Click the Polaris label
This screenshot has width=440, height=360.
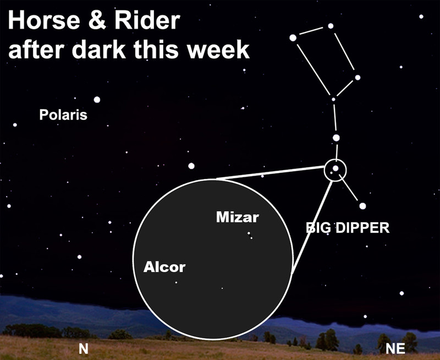(63, 115)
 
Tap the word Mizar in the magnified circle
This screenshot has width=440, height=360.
(238, 217)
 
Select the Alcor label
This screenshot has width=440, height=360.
(164, 267)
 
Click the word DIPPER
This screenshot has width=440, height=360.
(362, 228)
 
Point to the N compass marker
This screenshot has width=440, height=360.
(84, 349)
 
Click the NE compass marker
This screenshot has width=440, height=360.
(395, 349)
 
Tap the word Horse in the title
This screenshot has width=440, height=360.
(45, 20)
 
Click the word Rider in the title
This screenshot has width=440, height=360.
(147, 20)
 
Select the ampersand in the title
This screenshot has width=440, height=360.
(97, 20)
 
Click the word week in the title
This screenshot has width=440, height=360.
(218, 50)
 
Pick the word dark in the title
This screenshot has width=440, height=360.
(99, 50)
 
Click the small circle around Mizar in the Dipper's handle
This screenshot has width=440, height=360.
(335, 160)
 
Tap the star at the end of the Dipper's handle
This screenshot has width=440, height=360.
(362, 206)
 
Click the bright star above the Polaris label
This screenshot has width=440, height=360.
(97, 100)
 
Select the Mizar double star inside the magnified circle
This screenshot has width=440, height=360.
(250, 235)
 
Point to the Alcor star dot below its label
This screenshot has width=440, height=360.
(176, 282)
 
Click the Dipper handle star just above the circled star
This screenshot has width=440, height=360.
(336, 138)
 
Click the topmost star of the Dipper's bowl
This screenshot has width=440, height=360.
(331, 26)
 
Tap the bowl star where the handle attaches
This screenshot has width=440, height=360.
(333, 100)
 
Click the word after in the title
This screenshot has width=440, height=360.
(37, 50)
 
